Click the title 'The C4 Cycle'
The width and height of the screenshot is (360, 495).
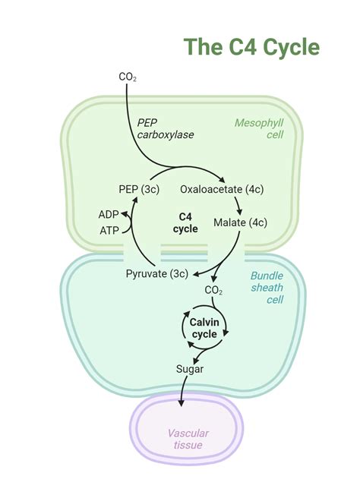tap(251, 47)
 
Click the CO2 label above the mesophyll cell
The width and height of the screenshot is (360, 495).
tap(127, 77)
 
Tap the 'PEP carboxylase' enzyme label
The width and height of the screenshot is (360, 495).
tap(166, 128)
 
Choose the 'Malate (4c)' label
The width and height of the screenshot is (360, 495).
tap(240, 222)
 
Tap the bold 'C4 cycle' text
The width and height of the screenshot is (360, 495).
tap(185, 222)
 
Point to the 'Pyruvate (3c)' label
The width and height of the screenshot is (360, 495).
tap(156, 273)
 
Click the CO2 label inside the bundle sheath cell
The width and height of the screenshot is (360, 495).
tap(213, 290)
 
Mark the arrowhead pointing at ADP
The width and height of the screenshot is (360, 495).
tap(127, 216)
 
